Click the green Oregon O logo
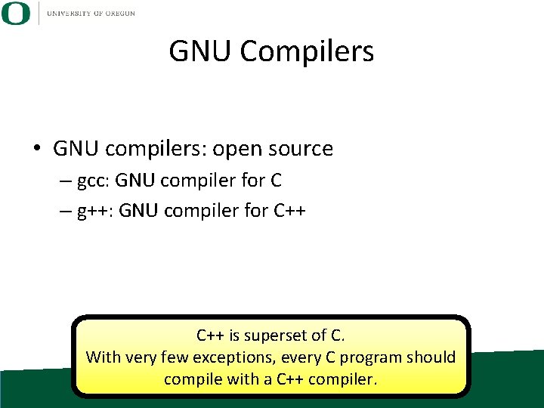tap(15, 13)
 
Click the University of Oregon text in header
tap(91, 13)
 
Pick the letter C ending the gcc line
tap(276, 181)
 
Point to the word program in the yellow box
tap(368, 357)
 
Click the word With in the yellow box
tap(103, 357)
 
